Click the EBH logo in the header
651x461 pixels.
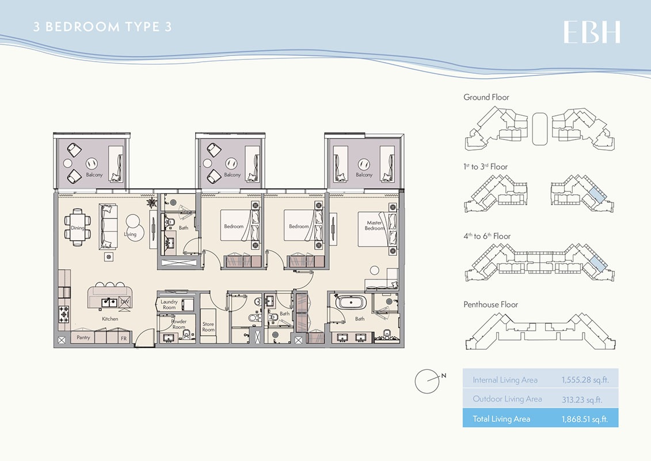[x=591, y=32]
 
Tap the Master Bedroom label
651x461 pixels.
[x=374, y=225]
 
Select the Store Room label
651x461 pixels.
[x=208, y=327]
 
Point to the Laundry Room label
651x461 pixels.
[x=169, y=304]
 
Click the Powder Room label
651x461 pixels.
[x=178, y=324]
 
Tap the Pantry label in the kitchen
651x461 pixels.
[x=83, y=338]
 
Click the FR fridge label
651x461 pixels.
[x=123, y=338]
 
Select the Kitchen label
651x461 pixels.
[x=110, y=319]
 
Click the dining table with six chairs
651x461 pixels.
[x=78, y=228]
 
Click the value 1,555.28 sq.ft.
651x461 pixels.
[x=585, y=380]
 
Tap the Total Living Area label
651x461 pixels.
[x=501, y=419]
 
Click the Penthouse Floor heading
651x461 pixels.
[x=490, y=304]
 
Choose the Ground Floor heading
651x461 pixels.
[x=486, y=97]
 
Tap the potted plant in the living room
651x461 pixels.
[x=151, y=203]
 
